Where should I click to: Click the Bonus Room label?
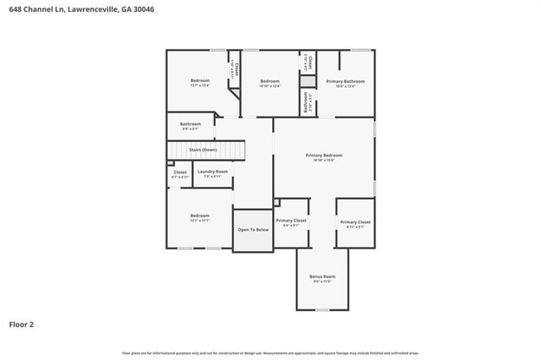pyautogui.click(x=324, y=276)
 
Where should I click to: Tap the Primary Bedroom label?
pyautogui.click(x=324, y=155)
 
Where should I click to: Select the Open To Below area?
pyautogui.click(x=253, y=230)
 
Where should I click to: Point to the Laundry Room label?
pyautogui.click(x=213, y=172)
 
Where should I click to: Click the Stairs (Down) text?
pyautogui.click(x=203, y=150)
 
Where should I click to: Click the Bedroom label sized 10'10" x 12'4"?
pyautogui.click(x=270, y=80)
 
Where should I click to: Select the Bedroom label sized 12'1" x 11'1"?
pyautogui.click(x=199, y=215)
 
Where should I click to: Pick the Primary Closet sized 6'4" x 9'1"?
pyautogui.click(x=292, y=221)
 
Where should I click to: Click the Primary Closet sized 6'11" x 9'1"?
pyautogui.click(x=355, y=222)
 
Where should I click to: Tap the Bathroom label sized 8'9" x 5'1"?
pyautogui.click(x=190, y=124)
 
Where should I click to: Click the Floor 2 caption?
pyautogui.click(x=21, y=324)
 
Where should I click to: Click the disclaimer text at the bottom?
pyautogui.click(x=270, y=352)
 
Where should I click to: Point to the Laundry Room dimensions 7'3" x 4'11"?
pyautogui.click(x=213, y=176)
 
